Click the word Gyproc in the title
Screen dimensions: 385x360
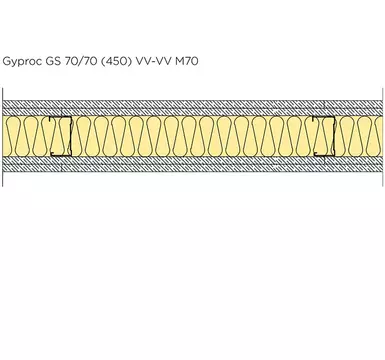pos(23,62)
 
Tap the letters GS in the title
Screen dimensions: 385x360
pos(52,61)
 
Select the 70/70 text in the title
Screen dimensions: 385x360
pos(79,61)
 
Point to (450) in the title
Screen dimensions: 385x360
pos(116,61)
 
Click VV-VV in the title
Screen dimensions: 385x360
pos(154,61)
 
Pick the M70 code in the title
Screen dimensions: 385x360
pos(187,61)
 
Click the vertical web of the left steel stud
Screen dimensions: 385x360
pos(70,136)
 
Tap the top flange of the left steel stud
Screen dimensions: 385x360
pos(60,117)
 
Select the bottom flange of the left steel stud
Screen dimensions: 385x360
pos(61,155)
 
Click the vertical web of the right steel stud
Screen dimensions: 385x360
pos(334,136)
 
